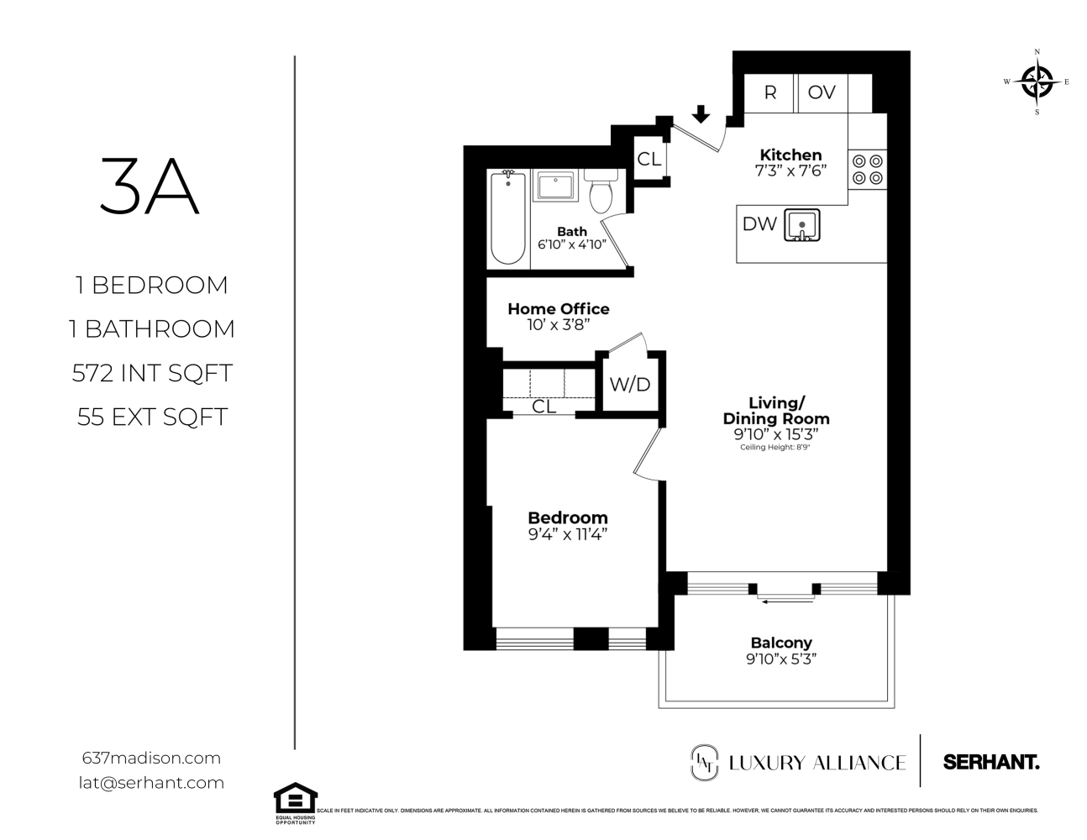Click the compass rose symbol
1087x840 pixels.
coord(1037,81)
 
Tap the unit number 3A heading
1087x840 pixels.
coord(150,187)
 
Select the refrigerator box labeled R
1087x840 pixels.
coord(769,92)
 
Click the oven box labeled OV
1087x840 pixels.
coord(822,92)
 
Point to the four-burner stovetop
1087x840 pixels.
coord(867,169)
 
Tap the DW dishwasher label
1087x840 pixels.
coord(759,224)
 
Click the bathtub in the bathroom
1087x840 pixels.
coord(507,218)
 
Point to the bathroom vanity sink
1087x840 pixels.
coord(555,186)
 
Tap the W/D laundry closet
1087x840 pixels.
coord(630,385)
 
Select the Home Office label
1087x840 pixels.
coord(559,309)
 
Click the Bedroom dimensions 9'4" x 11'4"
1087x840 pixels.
coord(568,533)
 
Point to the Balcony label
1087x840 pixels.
coord(781,643)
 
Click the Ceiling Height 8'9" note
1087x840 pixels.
coord(776,448)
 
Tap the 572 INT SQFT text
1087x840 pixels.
coord(152,372)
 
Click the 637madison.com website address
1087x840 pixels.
coord(152,758)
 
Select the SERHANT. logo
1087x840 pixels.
coord(991,762)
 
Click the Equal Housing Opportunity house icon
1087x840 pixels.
coord(296,798)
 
